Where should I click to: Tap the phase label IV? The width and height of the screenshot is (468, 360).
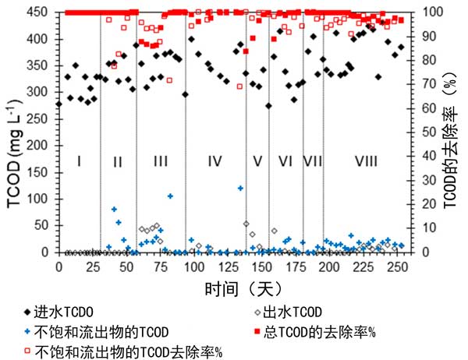215,161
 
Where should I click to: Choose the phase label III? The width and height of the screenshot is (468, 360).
160,161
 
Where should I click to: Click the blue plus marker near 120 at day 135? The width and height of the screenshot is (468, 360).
240,188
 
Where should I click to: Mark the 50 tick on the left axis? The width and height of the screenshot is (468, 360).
43,226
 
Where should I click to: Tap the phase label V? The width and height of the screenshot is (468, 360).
257,161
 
